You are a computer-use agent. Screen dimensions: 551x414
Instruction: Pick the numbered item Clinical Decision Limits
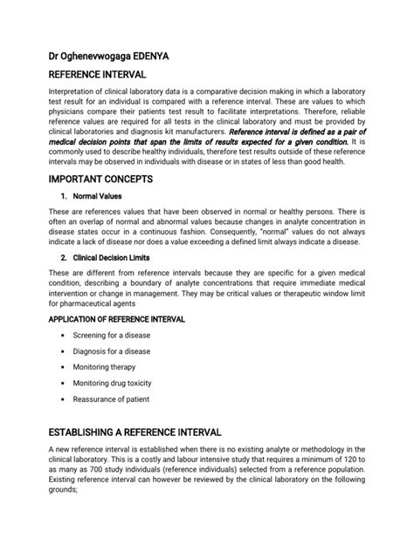(x=112, y=259)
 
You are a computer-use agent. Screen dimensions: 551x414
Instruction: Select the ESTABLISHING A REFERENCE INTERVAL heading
(x=135, y=432)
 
